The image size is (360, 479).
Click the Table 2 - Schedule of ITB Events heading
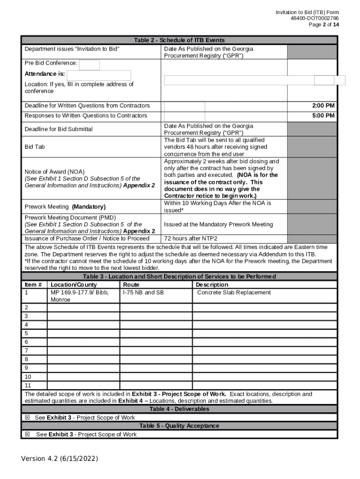tap(179, 40)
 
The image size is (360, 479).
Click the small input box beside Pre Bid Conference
tap(89, 65)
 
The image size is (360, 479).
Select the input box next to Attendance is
tap(99, 75)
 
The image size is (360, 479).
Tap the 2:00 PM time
tap(323, 106)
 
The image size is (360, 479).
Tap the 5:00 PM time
tap(323, 116)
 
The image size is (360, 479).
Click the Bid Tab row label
tap(35, 147)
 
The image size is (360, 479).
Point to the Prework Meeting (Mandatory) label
tap(65, 207)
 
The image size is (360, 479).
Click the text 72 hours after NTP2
tap(190, 238)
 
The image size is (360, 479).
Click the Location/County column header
tap(73, 284)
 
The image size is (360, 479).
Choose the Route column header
tap(131, 284)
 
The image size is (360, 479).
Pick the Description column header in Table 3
tap(212, 284)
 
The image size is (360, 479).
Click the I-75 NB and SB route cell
tap(143, 292)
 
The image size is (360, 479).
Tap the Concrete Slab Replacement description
tap(234, 292)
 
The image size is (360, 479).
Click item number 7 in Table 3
tap(26, 350)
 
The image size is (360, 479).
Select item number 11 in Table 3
tap(28, 385)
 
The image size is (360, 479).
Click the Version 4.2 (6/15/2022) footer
tap(59, 459)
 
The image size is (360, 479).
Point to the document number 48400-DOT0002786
tap(315, 18)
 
